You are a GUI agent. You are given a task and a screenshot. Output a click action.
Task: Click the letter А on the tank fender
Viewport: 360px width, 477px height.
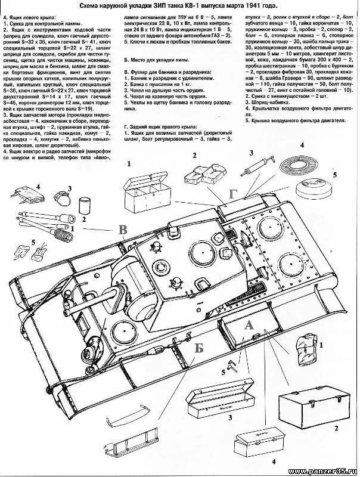249,325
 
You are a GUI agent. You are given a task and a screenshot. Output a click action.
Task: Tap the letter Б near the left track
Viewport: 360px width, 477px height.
198,348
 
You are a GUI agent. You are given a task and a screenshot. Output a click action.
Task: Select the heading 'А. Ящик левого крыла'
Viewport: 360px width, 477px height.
34,18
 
